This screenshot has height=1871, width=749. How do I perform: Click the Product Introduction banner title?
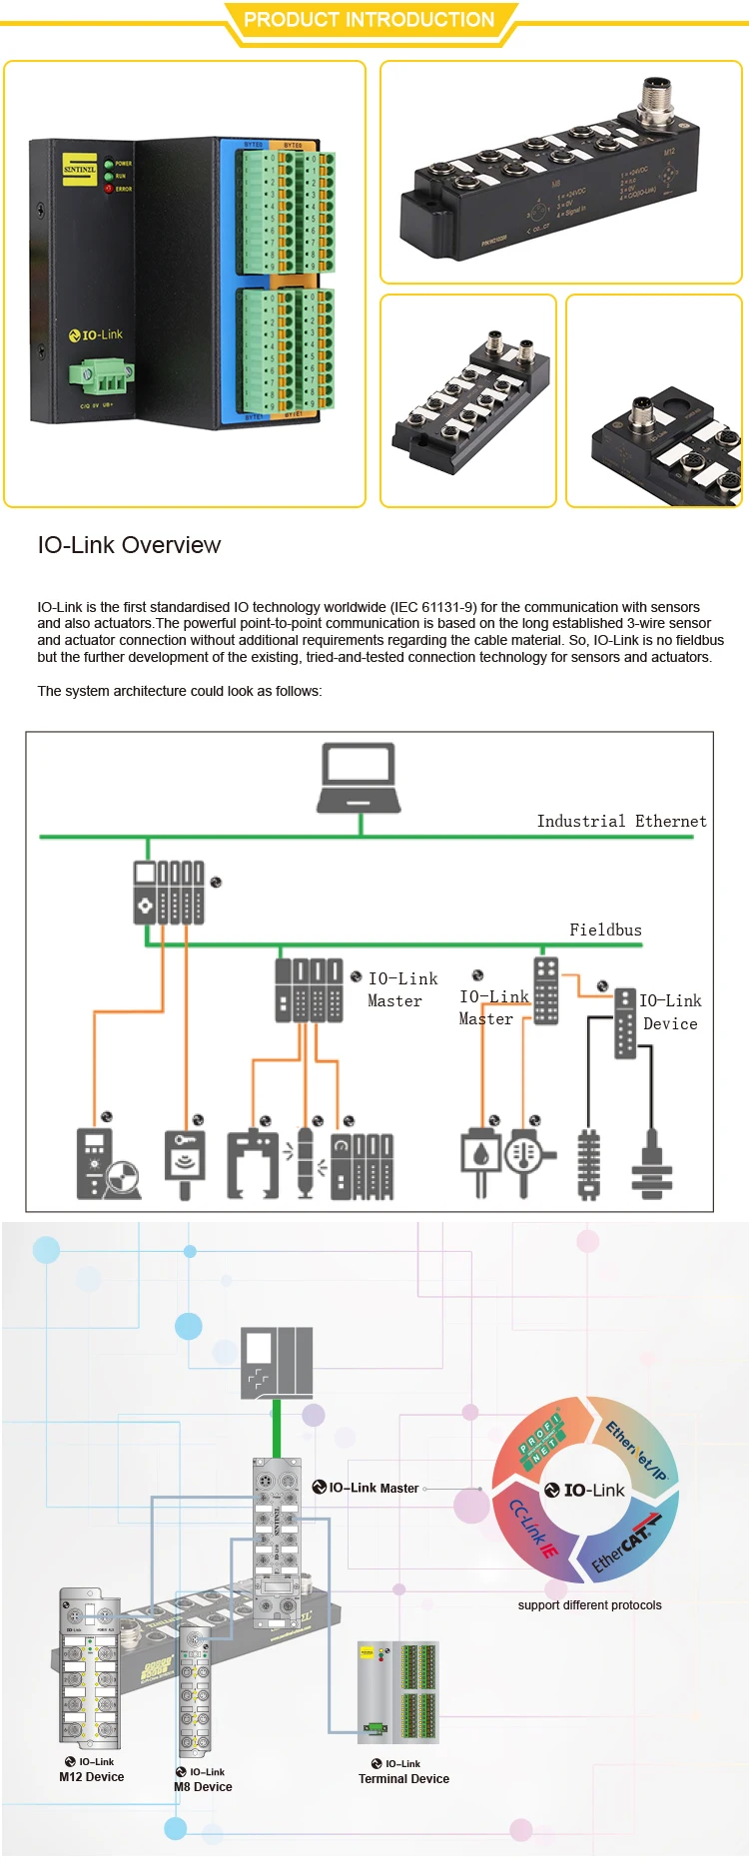pyautogui.click(x=369, y=20)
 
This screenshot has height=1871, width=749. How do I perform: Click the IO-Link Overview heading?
pyautogui.click(x=129, y=545)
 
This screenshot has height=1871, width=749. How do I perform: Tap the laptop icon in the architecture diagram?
pyautogui.click(x=360, y=779)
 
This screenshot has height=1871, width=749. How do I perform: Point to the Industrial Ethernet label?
pyautogui.click(x=621, y=821)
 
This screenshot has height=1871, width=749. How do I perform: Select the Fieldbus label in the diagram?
pyautogui.click(x=605, y=930)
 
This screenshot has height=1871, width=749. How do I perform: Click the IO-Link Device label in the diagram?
pyautogui.click(x=670, y=1011)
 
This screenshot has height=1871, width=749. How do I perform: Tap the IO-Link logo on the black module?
pyautogui.click(x=96, y=334)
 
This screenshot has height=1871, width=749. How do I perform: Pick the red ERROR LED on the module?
pyautogui.click(x=109, y=188)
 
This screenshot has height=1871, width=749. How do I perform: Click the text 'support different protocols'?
pyautogui.click(x=589, y=1604)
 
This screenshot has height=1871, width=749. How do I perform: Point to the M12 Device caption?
pyautogui.click(x=91, y=1776)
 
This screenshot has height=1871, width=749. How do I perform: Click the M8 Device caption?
pyautogui.click(x=203, y=1786)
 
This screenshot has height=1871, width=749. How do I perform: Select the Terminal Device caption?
pyautogui.click(x=403, y=1778)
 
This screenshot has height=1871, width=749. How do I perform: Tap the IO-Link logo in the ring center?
pyautogui.click(x=585, y=1490)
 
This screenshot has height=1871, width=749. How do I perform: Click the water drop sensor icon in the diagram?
pyautogui.click(x=480, y=1154)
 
